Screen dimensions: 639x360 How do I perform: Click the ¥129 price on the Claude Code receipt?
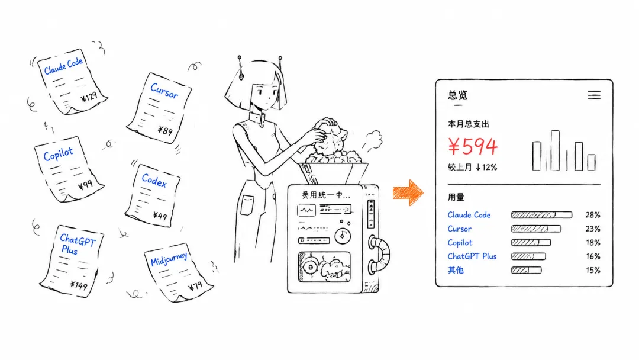89,97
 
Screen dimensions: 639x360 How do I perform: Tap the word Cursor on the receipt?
164,91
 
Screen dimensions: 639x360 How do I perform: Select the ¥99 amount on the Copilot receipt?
85,185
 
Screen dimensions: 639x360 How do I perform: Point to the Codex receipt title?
154,180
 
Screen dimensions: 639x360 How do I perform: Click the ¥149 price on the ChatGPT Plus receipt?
79,285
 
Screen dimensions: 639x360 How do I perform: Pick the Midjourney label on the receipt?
169,259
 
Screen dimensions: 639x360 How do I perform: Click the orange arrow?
408,192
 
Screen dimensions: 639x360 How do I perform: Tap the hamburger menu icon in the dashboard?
594,95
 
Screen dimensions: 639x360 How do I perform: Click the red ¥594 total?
473,146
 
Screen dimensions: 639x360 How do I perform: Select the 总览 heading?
457,95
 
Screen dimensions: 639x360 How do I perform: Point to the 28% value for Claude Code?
593,215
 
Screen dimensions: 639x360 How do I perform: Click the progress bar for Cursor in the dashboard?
536,229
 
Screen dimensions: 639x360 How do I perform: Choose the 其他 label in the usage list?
456,270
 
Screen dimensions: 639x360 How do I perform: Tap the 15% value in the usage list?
593,270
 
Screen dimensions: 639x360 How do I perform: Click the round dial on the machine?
343,236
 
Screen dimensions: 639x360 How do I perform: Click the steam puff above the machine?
372,141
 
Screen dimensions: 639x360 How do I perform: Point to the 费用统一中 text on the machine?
325,195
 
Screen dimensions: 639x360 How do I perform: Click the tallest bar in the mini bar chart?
555,150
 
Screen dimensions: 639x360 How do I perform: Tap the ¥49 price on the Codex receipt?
160,216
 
